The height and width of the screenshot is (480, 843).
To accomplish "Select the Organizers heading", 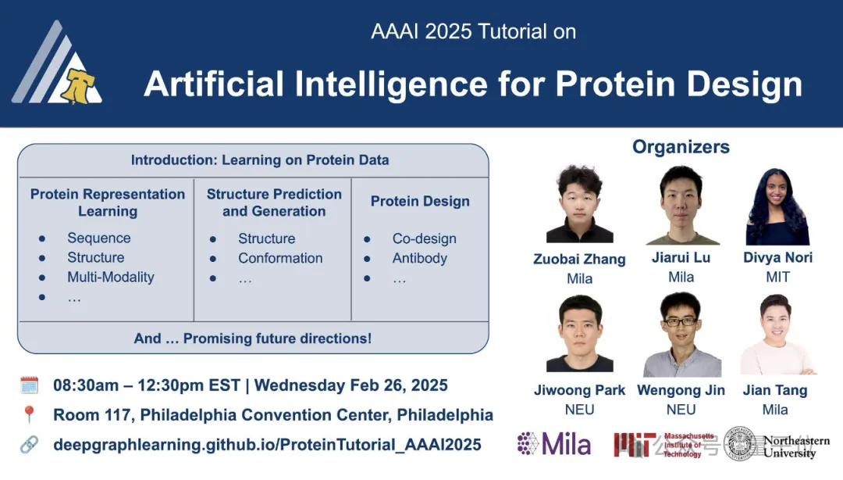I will [x=681, y=147].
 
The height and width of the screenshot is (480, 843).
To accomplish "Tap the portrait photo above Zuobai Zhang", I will [x=579, y=205].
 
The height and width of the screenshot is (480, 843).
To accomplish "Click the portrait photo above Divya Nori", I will [x=777, y=206].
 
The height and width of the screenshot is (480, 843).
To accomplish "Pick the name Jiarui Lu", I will [x=681, y=257].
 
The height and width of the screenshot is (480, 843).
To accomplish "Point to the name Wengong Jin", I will [x=681, y=390].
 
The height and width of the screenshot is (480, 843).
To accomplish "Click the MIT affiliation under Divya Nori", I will [x=777, y=277].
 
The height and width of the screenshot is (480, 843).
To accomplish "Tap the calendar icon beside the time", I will [x=29, y=385].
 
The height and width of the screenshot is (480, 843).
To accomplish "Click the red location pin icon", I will [x=29, y=414].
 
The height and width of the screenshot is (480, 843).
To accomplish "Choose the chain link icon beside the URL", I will [x=29, y=444].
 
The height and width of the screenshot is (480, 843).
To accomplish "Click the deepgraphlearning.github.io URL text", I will [x=267, y=445].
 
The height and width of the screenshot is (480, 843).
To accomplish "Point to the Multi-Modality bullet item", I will [x=110, y=277].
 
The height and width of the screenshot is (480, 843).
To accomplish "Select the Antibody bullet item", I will [x=419, y=258].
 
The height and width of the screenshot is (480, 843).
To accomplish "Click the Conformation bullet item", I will [x=279, y=258].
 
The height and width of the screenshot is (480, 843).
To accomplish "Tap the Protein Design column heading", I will [x=420, y=201].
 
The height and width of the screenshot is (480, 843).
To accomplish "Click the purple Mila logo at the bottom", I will [x=553, y=444].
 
